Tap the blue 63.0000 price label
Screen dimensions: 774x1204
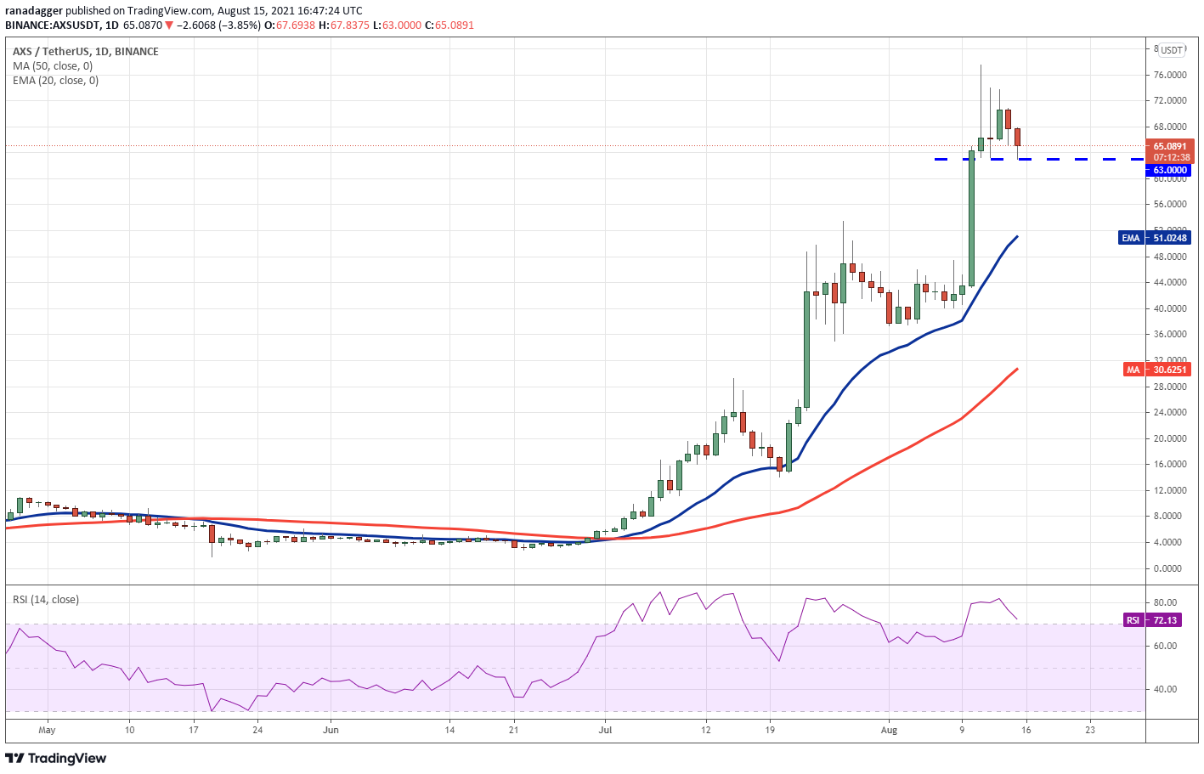1170,170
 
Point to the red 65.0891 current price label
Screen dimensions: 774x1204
1170,146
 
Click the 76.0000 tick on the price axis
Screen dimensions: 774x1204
1170,75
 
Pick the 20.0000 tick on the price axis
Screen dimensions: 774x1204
1170,438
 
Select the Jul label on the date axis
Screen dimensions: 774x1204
605,730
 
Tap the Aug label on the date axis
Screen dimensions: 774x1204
889,730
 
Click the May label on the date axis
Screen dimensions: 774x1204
47,730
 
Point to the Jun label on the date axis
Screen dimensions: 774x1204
331,730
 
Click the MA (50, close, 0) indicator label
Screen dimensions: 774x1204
53,66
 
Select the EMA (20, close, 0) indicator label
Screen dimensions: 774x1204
55,81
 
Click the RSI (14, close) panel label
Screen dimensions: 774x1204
46,600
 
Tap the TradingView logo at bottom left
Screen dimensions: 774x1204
56,758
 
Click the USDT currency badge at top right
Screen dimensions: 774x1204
1172,50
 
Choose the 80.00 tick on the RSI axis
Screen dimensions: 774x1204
1164,602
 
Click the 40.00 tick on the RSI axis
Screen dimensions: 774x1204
1164,689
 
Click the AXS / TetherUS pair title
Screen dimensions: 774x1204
51,51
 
